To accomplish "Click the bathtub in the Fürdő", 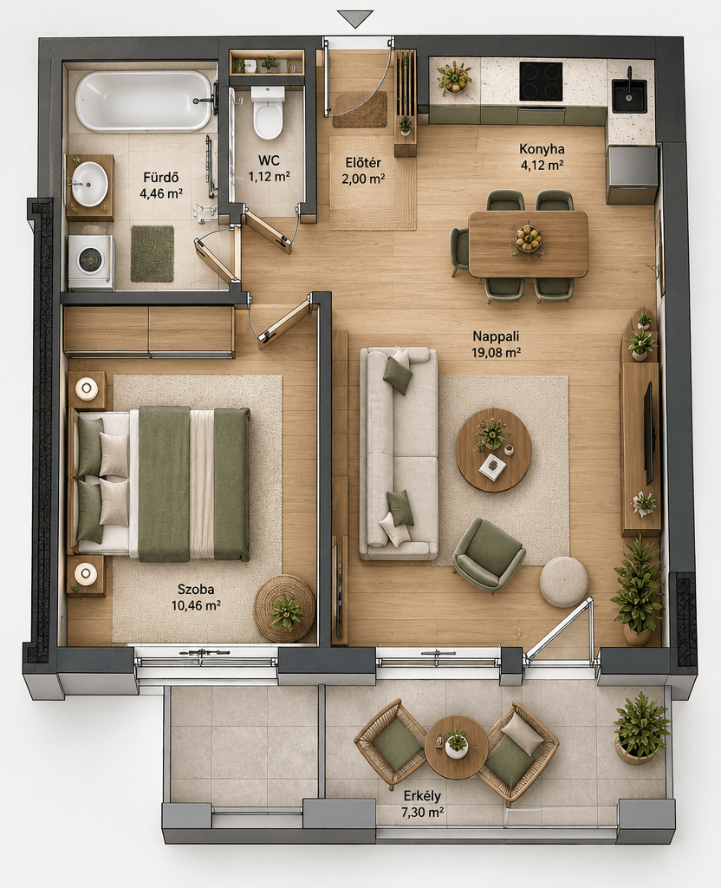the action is tap(144, 101).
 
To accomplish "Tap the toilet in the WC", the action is tap(268, 112).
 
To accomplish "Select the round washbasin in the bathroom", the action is tap(89, 184).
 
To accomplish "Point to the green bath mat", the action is tap(153, 253).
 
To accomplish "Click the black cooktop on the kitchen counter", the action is tap(541, 82).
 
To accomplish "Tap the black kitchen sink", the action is tap(629, 95).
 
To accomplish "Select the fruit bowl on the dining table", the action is tap(528, 238).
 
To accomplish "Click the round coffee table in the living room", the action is tap(493, 450).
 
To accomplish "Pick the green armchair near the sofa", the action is tap(489, 554).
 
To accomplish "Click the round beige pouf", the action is tap(563, 582).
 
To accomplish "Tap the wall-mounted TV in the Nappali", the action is tap(651, 434).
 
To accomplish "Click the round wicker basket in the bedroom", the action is tap(284, 609).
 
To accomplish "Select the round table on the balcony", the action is tap(456, 747).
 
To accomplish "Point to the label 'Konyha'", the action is tap(542, 149).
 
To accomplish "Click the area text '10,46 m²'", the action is tap(196, 604).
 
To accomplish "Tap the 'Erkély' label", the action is tap(422, 796).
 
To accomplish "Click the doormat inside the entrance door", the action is tap(360, 109).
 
